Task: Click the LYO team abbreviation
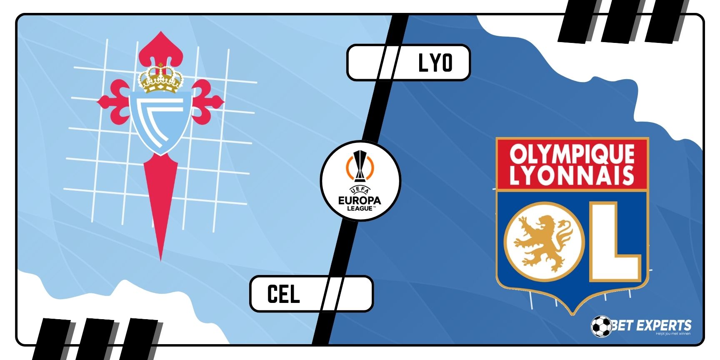click(435, 63)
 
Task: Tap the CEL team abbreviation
click(283, 294)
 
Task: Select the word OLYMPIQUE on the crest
click(572, 154)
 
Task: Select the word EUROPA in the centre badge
click(360, 200)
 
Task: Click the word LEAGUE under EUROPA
click(360, 208)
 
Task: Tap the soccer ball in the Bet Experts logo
click(601, 326)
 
